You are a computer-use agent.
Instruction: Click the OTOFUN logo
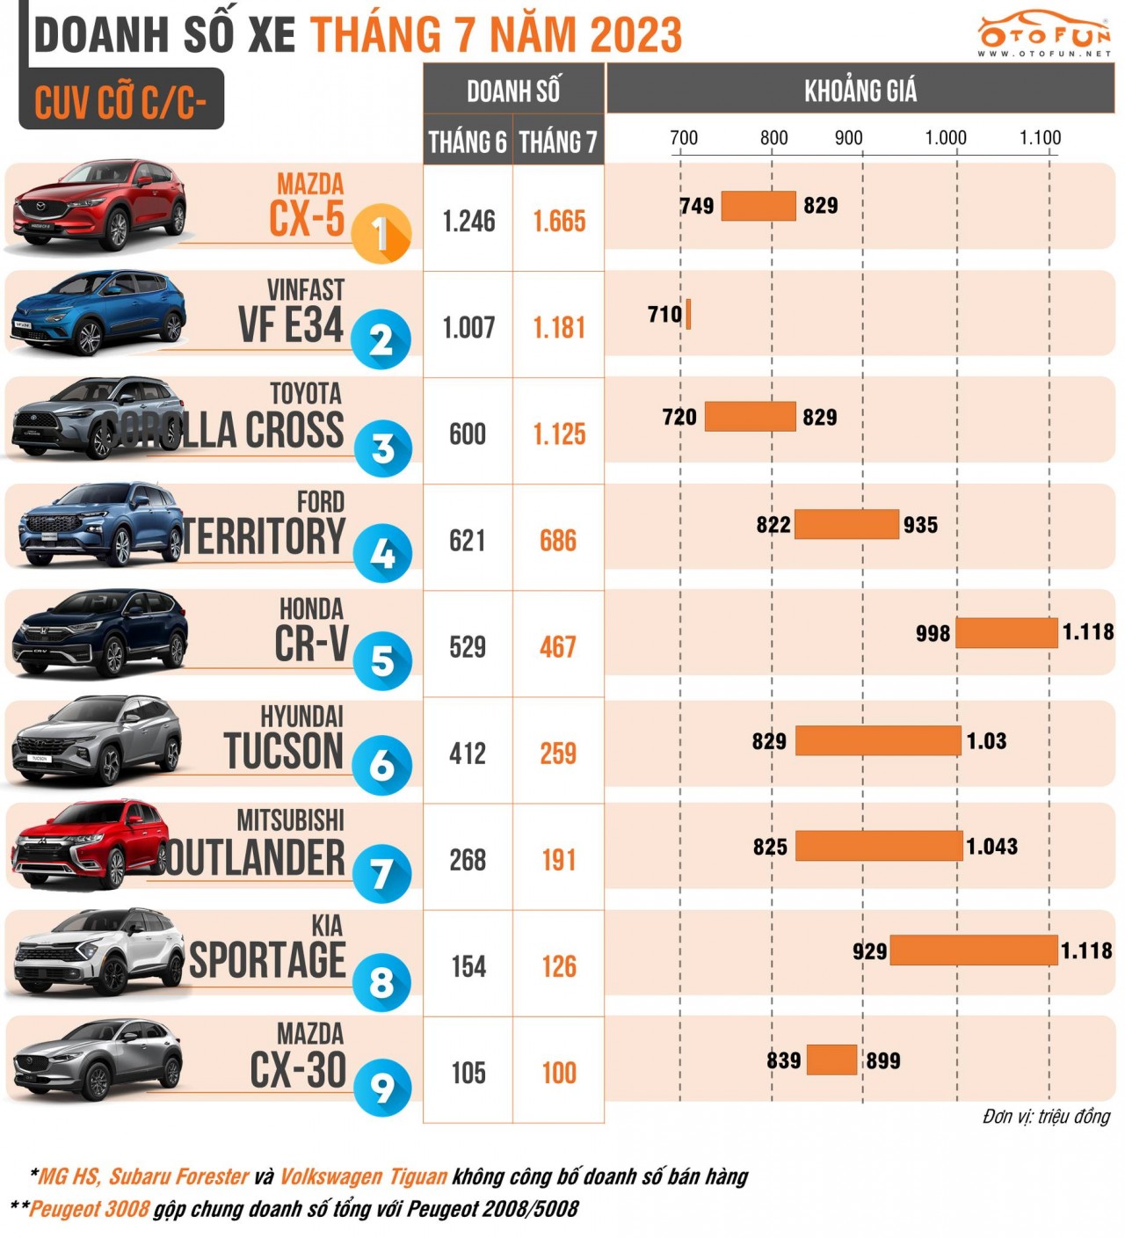point(1044,34)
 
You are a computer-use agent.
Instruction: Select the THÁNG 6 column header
point(468,142)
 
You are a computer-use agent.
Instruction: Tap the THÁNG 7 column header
point(558,142)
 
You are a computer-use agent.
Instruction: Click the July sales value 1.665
point(559,221)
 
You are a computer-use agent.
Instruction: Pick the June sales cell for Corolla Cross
point(468,433)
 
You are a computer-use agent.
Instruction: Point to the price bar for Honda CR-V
point(1006,633)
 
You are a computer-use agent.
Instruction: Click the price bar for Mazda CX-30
point(831,1060)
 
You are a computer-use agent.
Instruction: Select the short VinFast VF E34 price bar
point(688,314)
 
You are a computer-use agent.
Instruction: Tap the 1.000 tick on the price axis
point(946,138)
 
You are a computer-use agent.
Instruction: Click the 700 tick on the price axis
point(684,138)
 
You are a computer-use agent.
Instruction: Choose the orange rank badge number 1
point(381,235)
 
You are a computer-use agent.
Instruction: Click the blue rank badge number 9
point(382,1088)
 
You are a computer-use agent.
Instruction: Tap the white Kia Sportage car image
point(97,953)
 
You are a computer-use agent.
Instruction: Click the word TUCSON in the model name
point(283,752)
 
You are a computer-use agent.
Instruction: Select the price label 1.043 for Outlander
point(992,847)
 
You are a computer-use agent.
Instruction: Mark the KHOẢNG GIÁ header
point(860,90)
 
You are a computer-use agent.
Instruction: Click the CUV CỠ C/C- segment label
point(120,102)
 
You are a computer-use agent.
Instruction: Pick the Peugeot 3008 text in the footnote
point(90,1209)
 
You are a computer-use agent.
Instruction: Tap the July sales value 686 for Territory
point(558,541)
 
